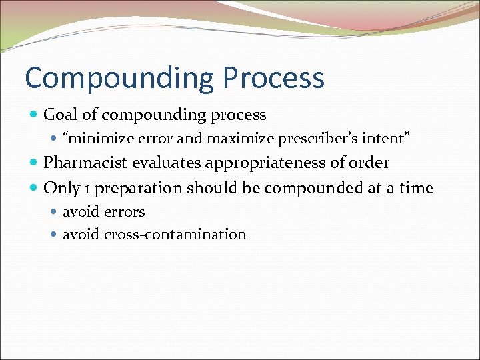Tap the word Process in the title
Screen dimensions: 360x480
tap(274, 79)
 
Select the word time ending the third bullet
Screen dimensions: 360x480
tap(417, 188)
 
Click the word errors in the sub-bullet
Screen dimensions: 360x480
tap(125, 212)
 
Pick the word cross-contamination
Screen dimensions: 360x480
tap(175, 235)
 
